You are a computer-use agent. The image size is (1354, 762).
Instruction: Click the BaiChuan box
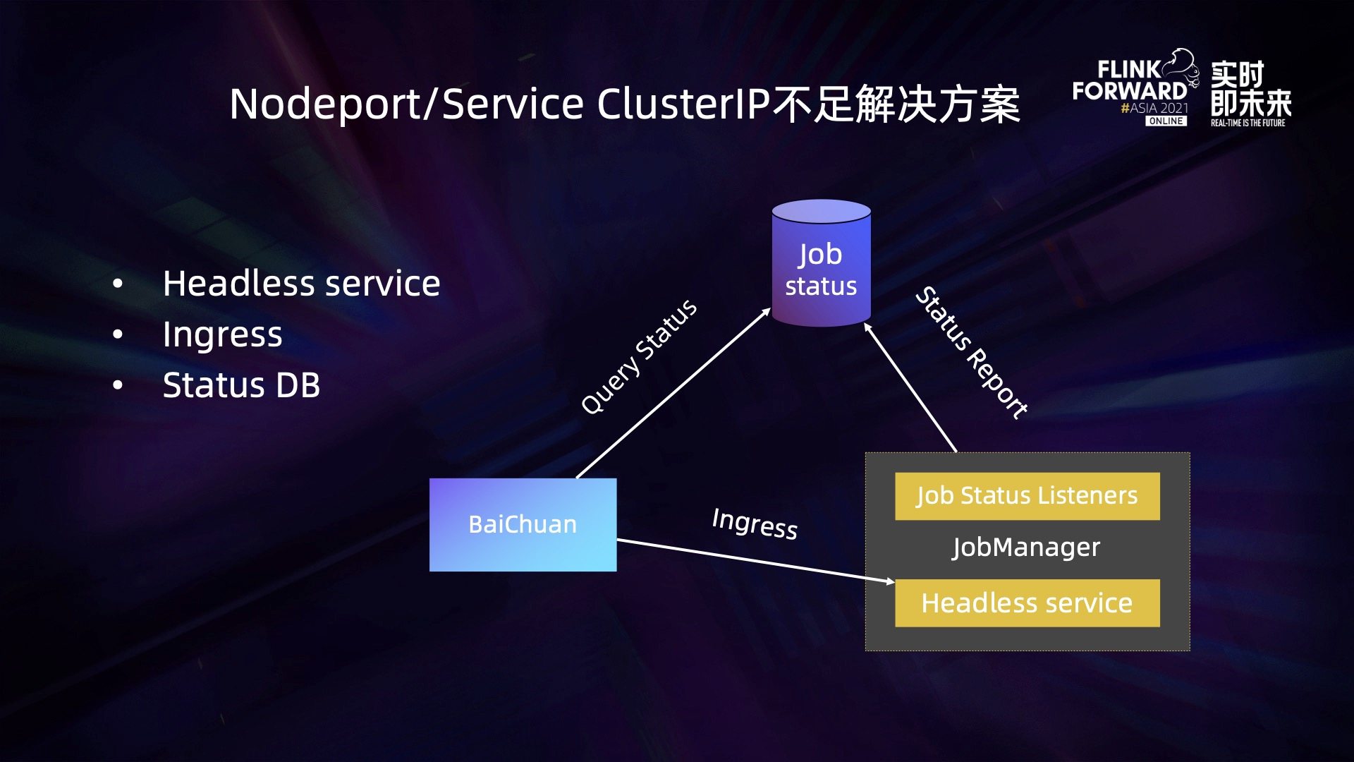(x=523, y=525)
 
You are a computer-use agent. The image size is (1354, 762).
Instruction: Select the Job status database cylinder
(x=822, y=263)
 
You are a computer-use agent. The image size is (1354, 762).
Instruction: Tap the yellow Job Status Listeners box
(x=1027, y=496)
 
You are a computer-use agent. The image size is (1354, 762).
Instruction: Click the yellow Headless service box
(x=1027, y=603)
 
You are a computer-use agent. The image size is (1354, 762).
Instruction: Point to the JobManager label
(x=1026, y=548)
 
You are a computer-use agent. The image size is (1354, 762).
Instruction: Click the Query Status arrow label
(x=639, y=357)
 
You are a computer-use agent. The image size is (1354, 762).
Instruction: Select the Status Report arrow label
(x=971, y=352)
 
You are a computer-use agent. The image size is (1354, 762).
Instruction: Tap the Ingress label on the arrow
(x=755, y=524)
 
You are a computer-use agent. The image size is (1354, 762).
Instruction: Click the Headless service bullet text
(x=301, y=284)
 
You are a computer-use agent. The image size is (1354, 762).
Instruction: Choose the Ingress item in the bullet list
(x=222, y=335)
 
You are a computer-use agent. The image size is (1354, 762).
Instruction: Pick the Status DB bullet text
(x=241, y=385)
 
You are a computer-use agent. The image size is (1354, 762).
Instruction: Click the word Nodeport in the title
(x=325, y=104)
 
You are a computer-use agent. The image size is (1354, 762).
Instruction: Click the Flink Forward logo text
(x=1130, y=80)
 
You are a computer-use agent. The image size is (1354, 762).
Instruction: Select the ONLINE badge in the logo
(x=1166, y=121)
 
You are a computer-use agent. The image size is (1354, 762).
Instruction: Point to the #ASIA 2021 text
(x=1154, y=108)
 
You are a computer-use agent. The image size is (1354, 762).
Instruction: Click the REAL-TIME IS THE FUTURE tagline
(x=1248, y=123)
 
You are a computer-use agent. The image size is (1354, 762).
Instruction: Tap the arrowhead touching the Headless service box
(x=890, y=581)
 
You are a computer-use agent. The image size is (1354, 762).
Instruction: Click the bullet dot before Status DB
(x=118, y=385)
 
